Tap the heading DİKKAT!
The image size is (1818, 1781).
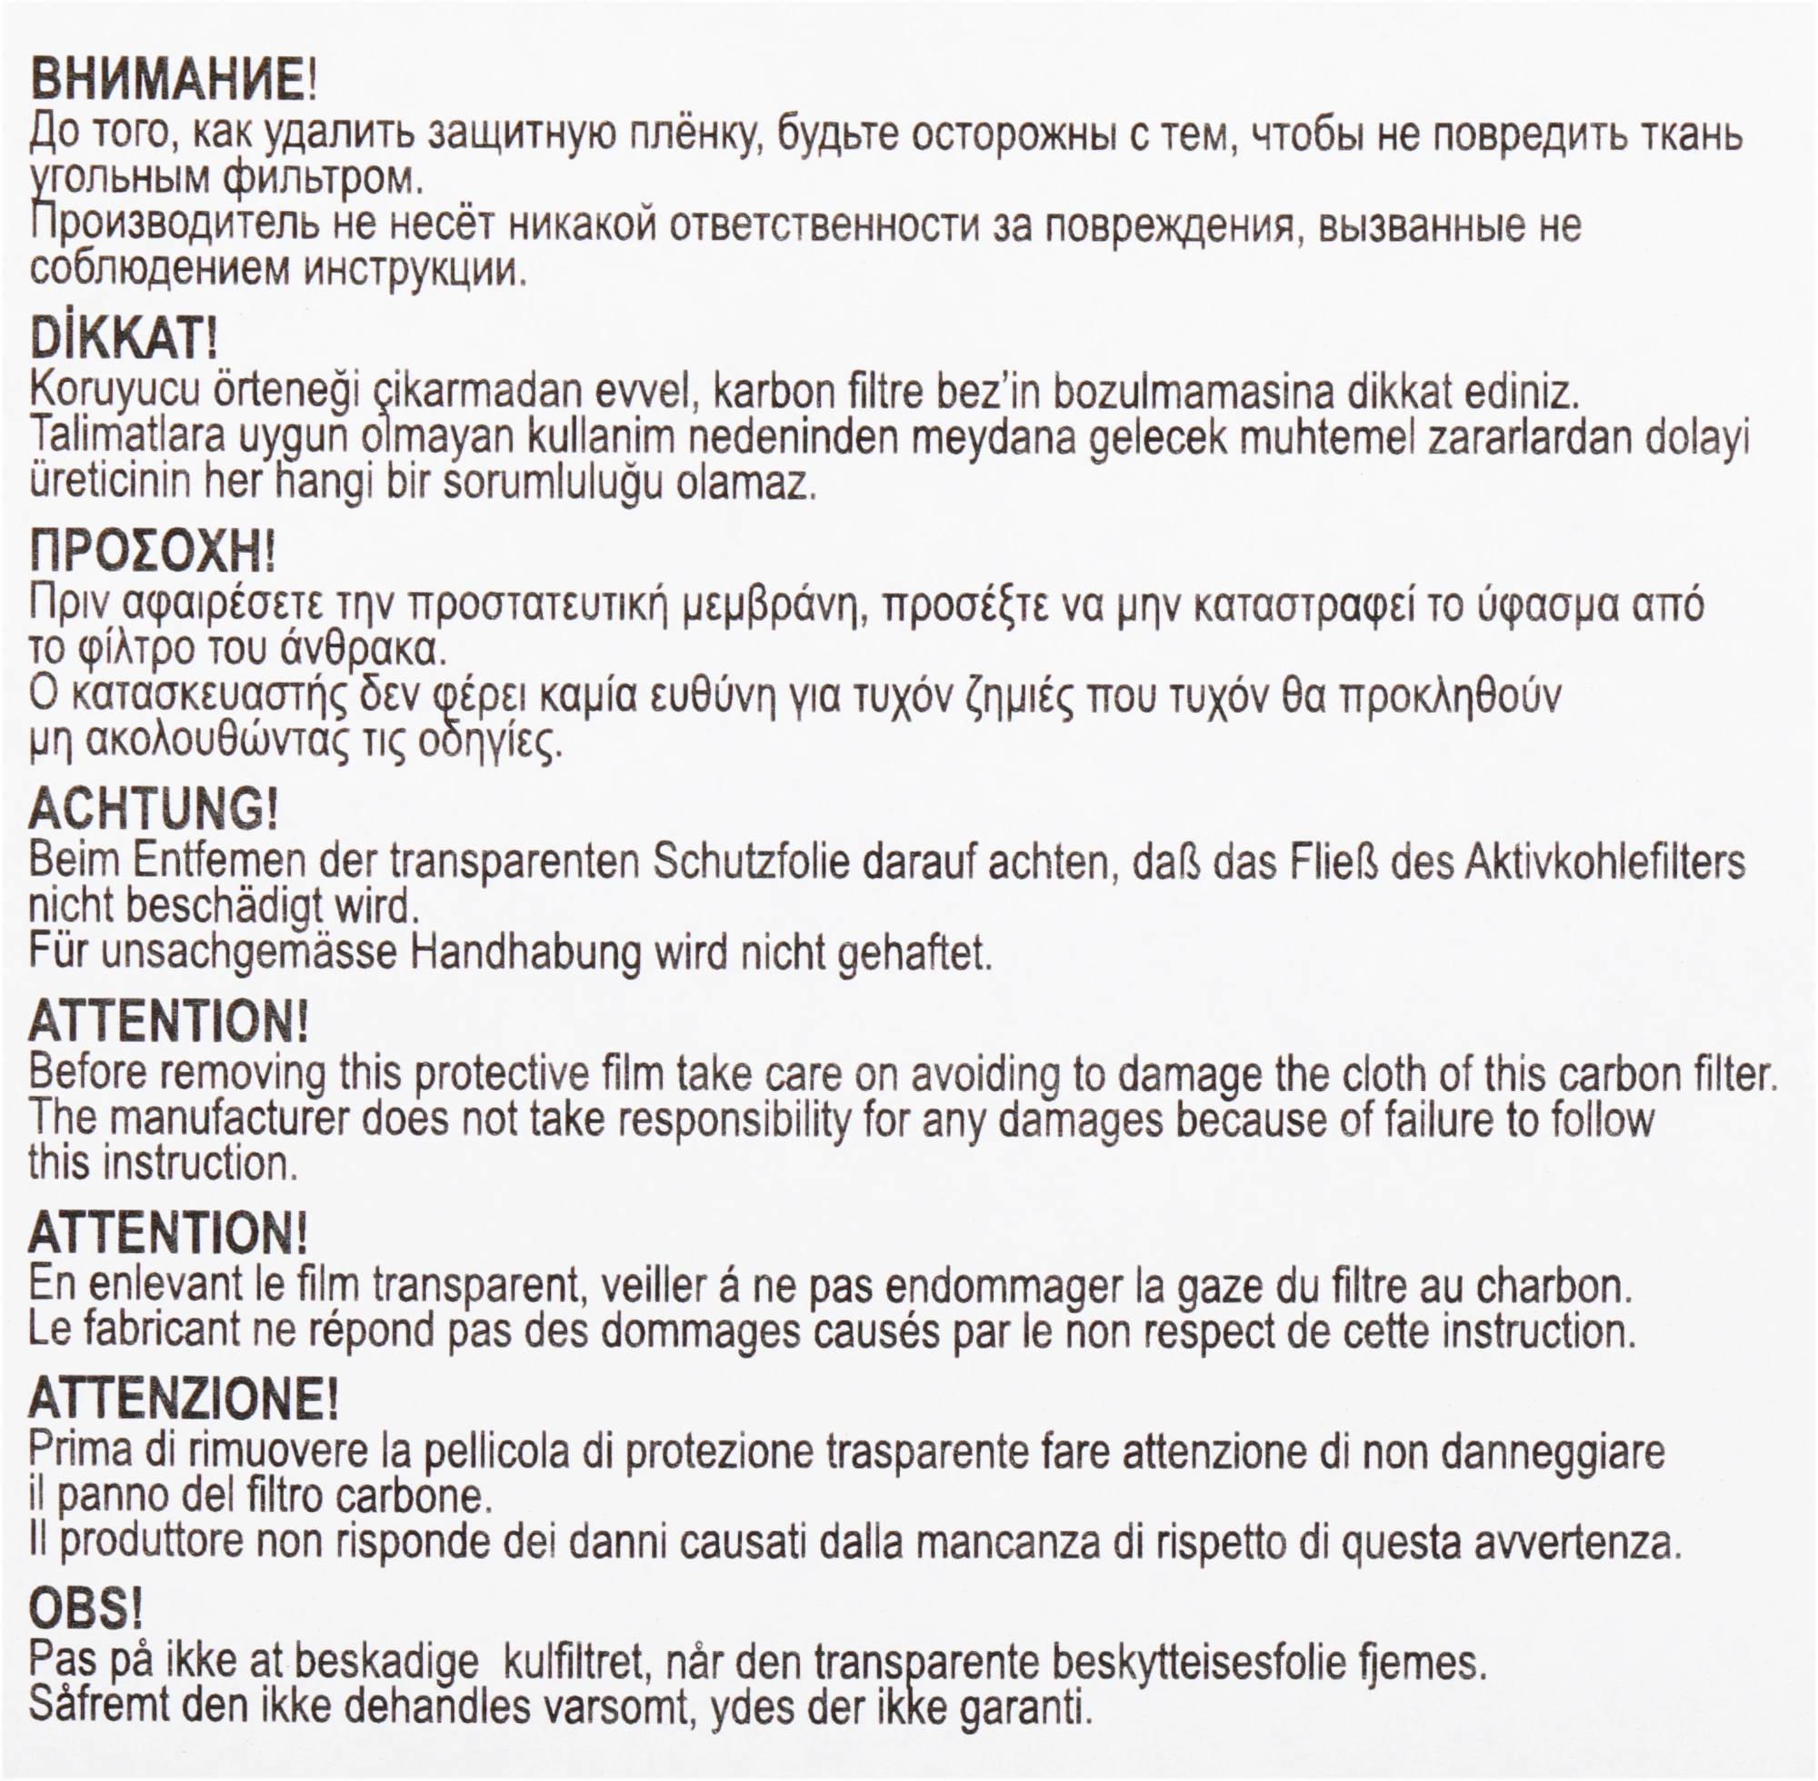click(124, 337)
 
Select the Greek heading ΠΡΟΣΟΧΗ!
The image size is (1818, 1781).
click(153, 552)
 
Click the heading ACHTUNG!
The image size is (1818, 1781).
click(154, 807)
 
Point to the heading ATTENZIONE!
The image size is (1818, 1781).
click(184, 1399)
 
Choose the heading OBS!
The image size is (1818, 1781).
click(85, 1609)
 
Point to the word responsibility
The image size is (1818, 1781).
click(711, 1119)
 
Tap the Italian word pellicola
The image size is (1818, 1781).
click(495, 1451)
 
